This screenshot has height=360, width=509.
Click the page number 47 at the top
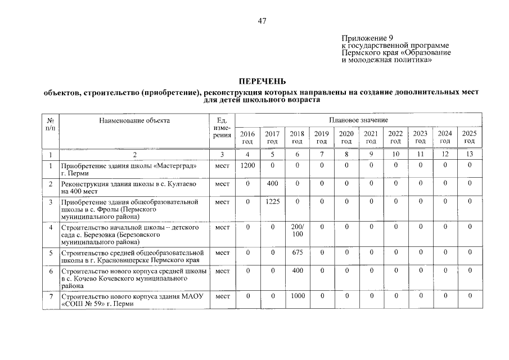tap(262, 21)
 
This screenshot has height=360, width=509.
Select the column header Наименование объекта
tap(134, 120)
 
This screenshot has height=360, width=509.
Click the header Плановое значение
tap(358, 120)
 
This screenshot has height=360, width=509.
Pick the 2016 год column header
tap(247, 137)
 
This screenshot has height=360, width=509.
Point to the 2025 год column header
tap(469, 137)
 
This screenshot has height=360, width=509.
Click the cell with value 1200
tap(247, 165)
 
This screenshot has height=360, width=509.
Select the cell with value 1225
tap(272, 201)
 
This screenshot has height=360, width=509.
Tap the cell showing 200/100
tap(297, 230)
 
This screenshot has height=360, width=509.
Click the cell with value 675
tap(297, 253)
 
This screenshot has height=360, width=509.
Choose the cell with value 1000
tap(297, 295)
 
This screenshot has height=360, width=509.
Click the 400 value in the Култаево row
tap(272, 183)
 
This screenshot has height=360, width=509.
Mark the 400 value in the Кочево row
tap(297, 271)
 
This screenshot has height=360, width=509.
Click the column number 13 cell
tap(469, 154)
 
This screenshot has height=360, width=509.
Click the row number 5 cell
tap(51, 253)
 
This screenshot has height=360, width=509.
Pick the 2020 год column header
tap(346, 137)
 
